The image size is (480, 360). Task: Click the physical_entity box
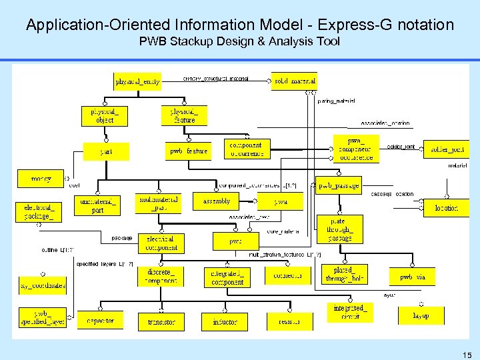coord(137,81)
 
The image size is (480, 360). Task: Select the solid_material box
coord(294,81)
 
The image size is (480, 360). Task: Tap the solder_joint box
coord(447,149)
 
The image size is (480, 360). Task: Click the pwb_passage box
coord(339,185)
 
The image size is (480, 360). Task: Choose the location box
coord(446,208)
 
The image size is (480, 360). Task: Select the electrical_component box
coord(160,243)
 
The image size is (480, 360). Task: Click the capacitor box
coord(100,321)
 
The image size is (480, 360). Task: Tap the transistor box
coord(161,322)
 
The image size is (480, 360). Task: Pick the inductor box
coord(225,322)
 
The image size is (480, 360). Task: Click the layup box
coord(421,315)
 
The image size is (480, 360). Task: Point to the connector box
coord(288,275)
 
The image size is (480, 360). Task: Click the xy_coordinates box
coord(43,286)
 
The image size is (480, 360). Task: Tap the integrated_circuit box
coord(350,312)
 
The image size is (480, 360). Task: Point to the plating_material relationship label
coord(336,101)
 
